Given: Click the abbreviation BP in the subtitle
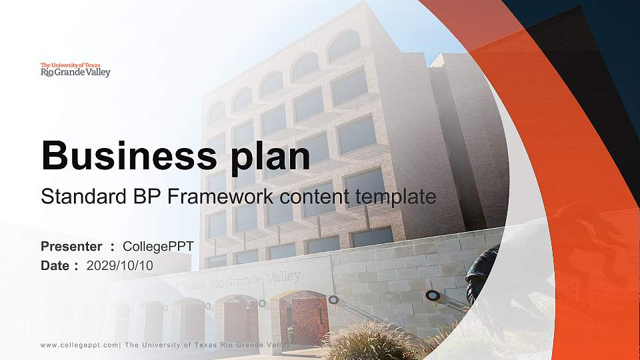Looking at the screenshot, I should (147, 197).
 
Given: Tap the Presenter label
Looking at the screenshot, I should (71, 247).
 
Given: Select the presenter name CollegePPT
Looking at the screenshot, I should (159, 247).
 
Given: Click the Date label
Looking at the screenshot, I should (55, 265).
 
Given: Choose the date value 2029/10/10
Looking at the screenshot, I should (120, 265).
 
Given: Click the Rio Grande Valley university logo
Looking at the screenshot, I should (75, 69).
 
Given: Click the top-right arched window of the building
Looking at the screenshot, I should (344, 45).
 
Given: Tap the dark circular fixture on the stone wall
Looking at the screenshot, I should (433, 295).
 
